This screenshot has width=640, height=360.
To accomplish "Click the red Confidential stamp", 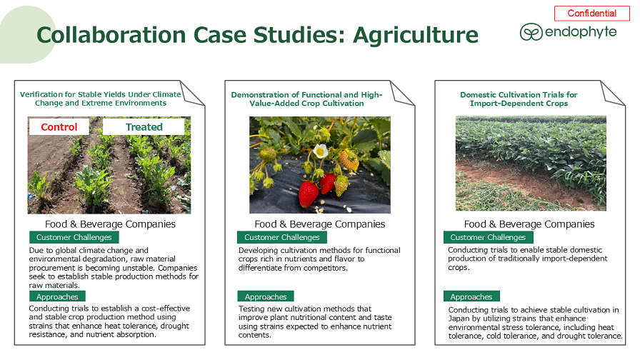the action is [x=592, y=13].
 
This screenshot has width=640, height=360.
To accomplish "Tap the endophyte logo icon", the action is [x=531, y=32].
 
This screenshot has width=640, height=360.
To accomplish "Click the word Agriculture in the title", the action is [x=416, y=35].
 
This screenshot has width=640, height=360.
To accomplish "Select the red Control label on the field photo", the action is [x=59, y=127].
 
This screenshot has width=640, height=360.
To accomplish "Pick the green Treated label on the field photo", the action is [x=144, y=127].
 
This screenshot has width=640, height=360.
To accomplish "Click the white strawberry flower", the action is [x=321, y=151].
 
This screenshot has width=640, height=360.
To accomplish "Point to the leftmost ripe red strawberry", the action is [x=308, y=194].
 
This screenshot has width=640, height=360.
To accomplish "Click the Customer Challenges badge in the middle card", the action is [x=282, y=237].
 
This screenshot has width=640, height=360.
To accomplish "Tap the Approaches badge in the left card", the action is [x=57, y=296].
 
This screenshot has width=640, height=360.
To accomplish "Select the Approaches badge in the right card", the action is [x=471, y=296].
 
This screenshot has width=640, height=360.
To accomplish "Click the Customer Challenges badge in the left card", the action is [x=74, y=237].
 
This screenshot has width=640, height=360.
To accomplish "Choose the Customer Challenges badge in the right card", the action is [x=488, y=237].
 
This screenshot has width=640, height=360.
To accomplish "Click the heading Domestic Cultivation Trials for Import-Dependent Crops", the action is [x=519, y=99].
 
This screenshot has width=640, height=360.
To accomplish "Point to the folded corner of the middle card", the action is [x=402, y=94].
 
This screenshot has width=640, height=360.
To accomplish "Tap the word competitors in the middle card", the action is [x=327, y=268].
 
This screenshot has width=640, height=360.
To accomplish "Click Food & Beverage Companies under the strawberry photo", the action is [x=319, y=224].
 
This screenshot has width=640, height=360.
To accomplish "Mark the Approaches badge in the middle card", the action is [x=266, y=296].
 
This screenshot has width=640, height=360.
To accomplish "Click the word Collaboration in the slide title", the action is [x=111, y=35].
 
